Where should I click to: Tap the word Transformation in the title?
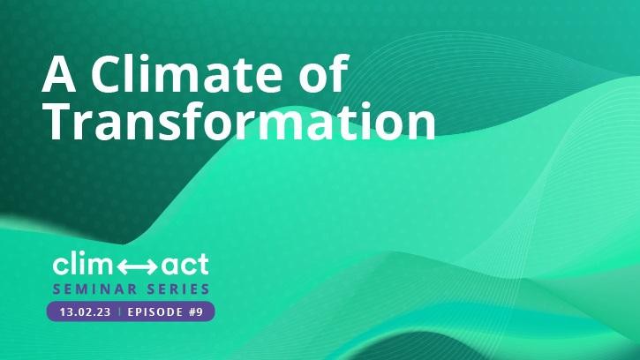click(241, 121)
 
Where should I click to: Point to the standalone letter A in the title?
click(59, 74)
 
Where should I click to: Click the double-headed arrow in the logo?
click(137, 267)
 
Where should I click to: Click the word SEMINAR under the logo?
click(94, 289)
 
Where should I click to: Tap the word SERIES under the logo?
click(178, 289)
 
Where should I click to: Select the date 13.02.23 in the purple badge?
click(86, 311)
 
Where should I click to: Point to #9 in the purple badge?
click(196, 311)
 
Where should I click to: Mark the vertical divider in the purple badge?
click(119, 311)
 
